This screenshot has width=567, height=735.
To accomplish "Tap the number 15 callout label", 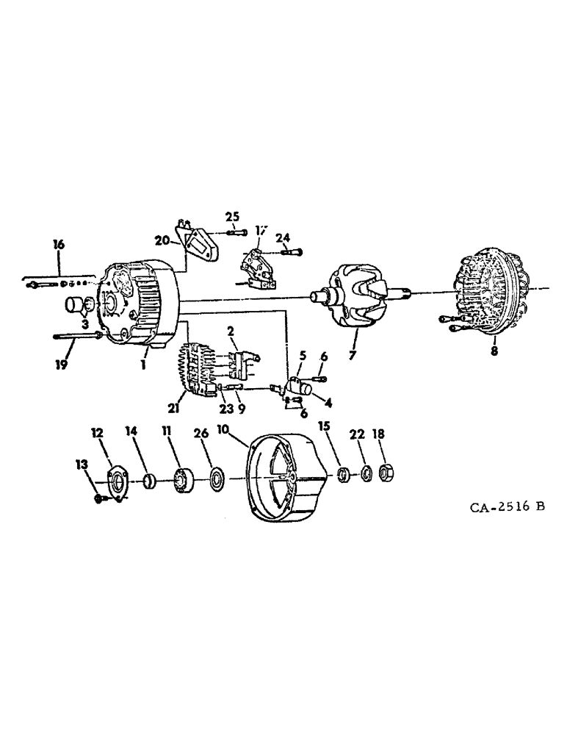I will [324, 426].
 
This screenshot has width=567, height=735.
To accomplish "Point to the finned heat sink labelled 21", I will [192, 370].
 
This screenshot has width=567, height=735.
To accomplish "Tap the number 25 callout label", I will [232, 216].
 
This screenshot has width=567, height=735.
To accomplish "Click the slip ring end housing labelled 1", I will [143, 309].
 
